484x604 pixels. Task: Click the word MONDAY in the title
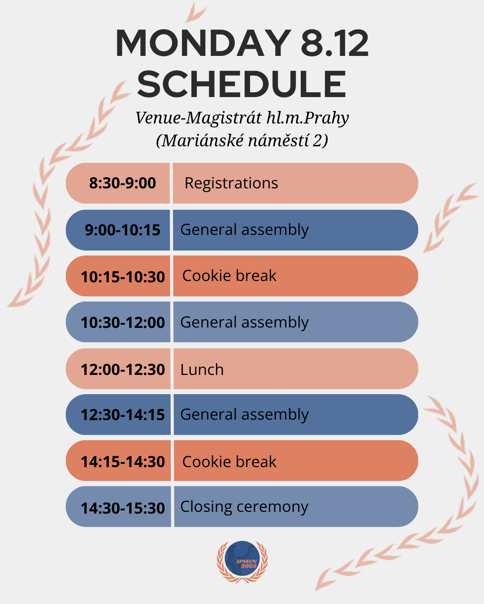[203, 43]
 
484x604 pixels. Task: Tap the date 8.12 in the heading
[335, 43]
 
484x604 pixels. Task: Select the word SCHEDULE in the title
[242, 84]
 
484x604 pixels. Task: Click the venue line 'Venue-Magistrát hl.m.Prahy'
[242, 118]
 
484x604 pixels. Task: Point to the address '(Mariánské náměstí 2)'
[242, 140]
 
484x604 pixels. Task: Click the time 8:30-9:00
[122, 183]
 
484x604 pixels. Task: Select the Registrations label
[231, 183]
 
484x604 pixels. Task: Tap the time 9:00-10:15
[122, 230]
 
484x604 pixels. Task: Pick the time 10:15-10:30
[123, 277]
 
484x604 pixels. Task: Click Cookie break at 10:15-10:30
[229, 275]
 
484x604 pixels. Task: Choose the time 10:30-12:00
[123, 323]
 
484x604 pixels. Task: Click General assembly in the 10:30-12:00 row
[244, 323]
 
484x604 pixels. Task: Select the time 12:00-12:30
[123, 370]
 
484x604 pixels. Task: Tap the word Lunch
[202, 370]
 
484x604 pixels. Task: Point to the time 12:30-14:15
[123, 415]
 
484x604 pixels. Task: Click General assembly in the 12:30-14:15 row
[244, 415]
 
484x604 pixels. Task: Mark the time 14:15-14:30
[123, 462]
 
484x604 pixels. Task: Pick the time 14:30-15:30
[123, 508]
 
